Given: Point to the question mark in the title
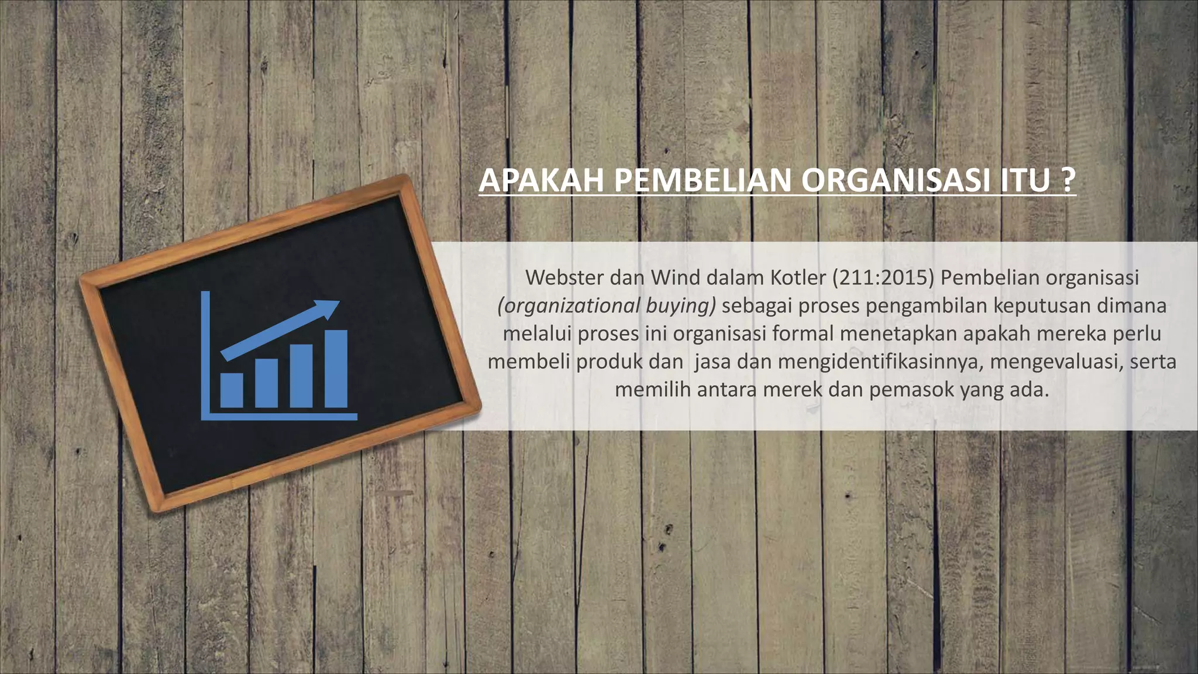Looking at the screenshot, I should point(1068,181).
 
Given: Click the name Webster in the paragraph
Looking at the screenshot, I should point(564,277).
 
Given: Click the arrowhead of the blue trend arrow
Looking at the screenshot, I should point(328,307).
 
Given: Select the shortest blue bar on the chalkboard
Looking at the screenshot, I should point(232,390).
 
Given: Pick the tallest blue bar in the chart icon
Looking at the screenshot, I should point(336,369).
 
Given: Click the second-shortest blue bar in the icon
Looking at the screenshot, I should point(266,383).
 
